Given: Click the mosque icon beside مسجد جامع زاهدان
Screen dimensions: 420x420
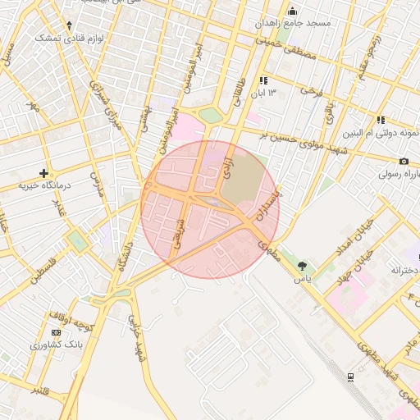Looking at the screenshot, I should coord(294,11).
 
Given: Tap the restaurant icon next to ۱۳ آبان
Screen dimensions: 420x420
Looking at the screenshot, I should coord(263,80).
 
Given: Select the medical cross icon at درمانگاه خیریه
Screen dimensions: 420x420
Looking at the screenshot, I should coord(43,173).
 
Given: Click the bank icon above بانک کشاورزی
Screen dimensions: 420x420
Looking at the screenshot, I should coord(56,332).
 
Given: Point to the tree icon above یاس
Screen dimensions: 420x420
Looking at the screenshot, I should coord(304,265).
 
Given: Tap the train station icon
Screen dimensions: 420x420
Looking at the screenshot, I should coord(350,377).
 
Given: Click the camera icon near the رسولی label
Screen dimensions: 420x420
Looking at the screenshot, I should coord(404,162).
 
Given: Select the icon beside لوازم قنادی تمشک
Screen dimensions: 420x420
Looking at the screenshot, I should coord(69,25).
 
